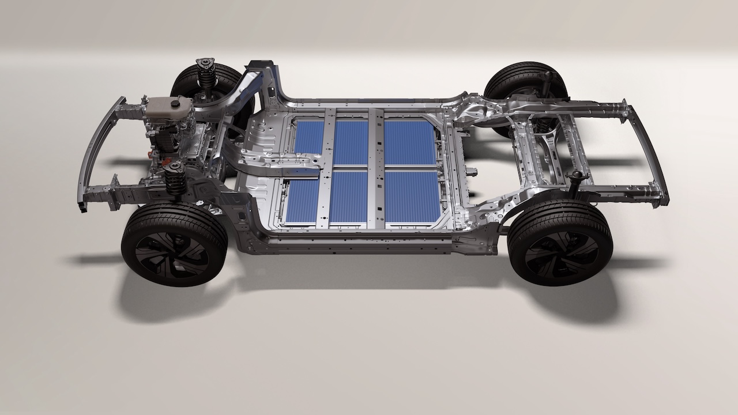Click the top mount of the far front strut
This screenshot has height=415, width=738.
(203, 63)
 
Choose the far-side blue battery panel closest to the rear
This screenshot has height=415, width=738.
(409, 141)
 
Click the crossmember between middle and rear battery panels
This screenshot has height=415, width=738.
(376, 167)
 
